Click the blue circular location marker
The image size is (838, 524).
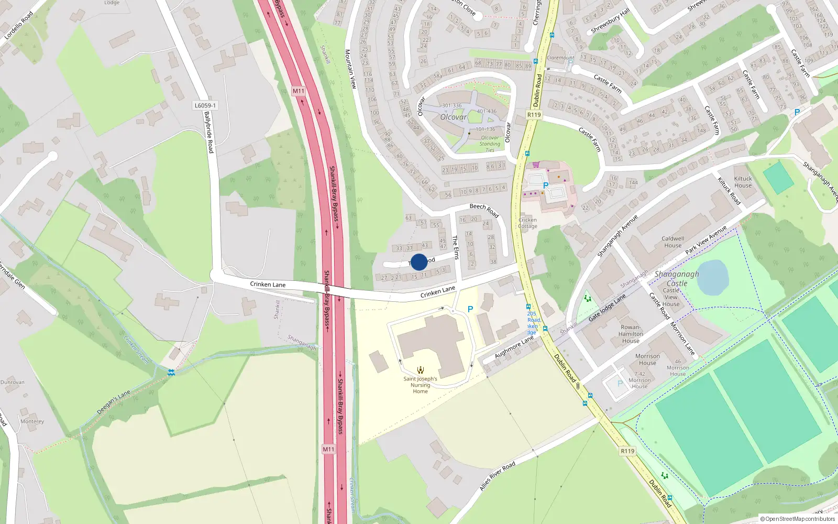pos(419,262)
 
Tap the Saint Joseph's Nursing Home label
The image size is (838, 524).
pos(420,385)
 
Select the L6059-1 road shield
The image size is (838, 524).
pos(205,105)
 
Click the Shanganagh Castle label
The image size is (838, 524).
pos(676,278)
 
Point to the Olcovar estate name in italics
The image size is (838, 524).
pos(453,117)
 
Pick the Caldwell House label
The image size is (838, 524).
pos(672,242)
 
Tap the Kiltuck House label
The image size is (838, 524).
pos(743,182)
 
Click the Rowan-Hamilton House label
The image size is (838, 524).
pos(631,334)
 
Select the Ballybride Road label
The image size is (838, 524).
pos(210,132)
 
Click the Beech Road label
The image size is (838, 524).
pos(484,210)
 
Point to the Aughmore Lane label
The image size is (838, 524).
pos(514,347)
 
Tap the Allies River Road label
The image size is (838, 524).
pos(497,476)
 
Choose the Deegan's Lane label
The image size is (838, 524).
pos(114,402)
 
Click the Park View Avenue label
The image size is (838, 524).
pos(706,240)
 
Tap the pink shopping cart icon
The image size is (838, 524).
pos(536,164)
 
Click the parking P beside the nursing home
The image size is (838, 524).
pos(470,309)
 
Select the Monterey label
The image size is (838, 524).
pos(32,421)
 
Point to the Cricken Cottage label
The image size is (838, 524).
pos(527,223)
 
